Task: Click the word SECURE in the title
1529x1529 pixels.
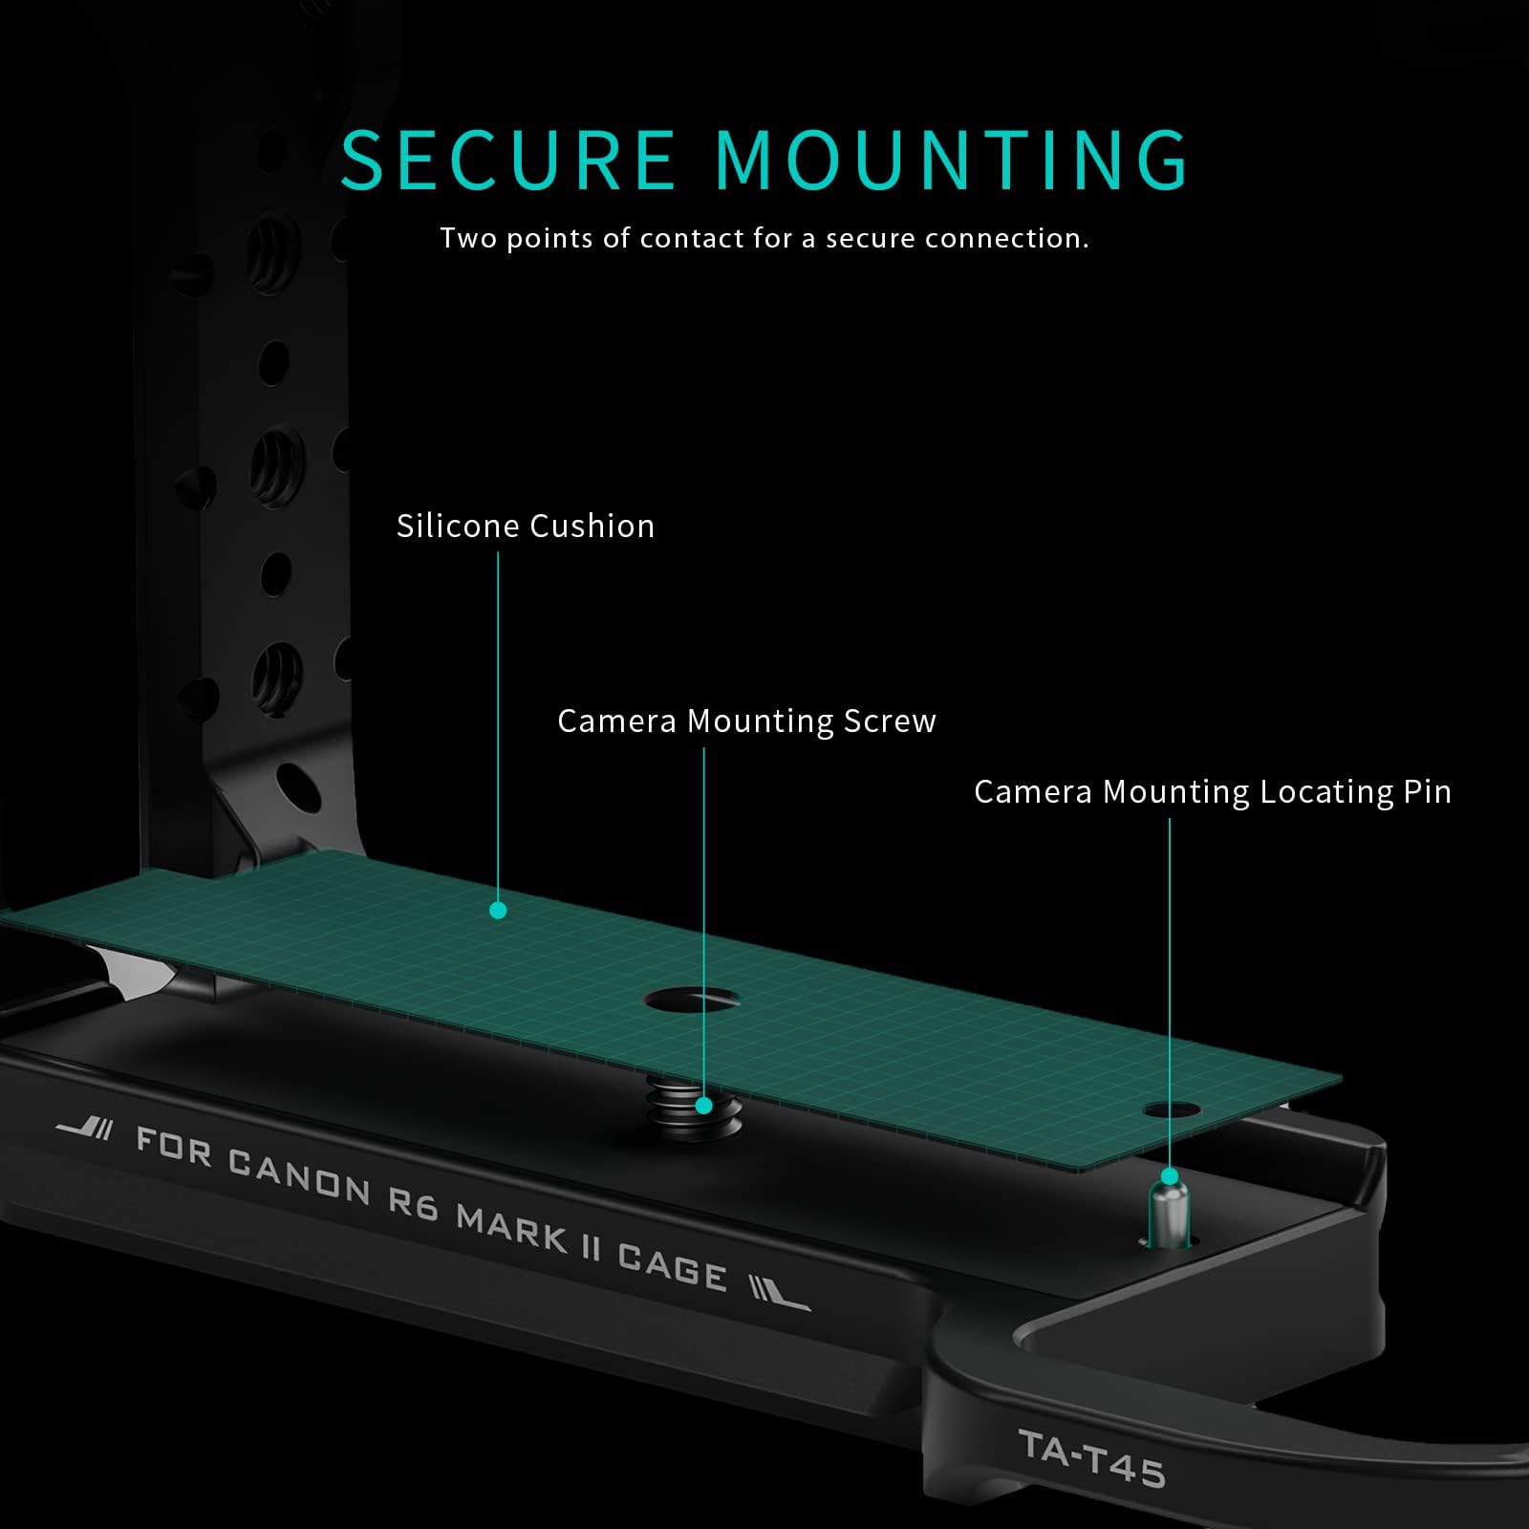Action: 507,159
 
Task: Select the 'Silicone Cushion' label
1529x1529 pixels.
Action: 526,526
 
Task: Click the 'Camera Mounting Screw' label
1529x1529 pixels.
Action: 746,721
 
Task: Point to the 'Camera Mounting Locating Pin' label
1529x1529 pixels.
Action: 1213,792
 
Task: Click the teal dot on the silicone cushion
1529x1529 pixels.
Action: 498,911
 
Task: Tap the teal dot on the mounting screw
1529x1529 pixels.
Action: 704,1106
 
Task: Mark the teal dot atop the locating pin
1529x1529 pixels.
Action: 1170,1175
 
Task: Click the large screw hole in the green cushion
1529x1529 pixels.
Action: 693,1001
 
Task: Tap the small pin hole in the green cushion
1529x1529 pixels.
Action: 1171,1110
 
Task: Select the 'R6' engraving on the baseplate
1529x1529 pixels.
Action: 412,1203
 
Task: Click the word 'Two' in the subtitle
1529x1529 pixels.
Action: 468,238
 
